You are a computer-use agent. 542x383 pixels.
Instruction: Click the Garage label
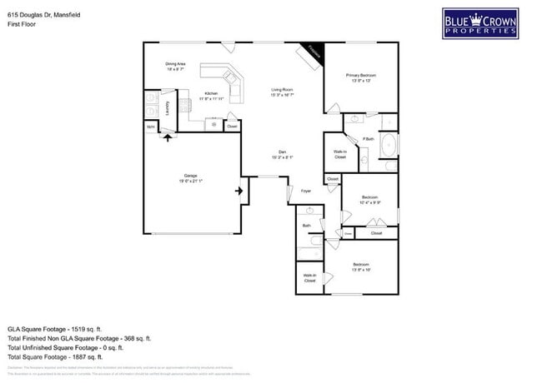coord(191,177)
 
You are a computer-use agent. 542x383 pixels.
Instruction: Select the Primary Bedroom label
coord(361,77)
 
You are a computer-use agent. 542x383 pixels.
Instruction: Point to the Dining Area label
coord(175,66)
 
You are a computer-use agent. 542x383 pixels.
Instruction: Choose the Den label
coord(282,154)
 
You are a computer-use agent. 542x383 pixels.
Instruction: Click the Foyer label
coord(306,191)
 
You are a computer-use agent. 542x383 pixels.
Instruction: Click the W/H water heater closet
coord(151,127)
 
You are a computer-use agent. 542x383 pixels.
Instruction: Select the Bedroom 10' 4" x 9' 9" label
coord(369,200)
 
